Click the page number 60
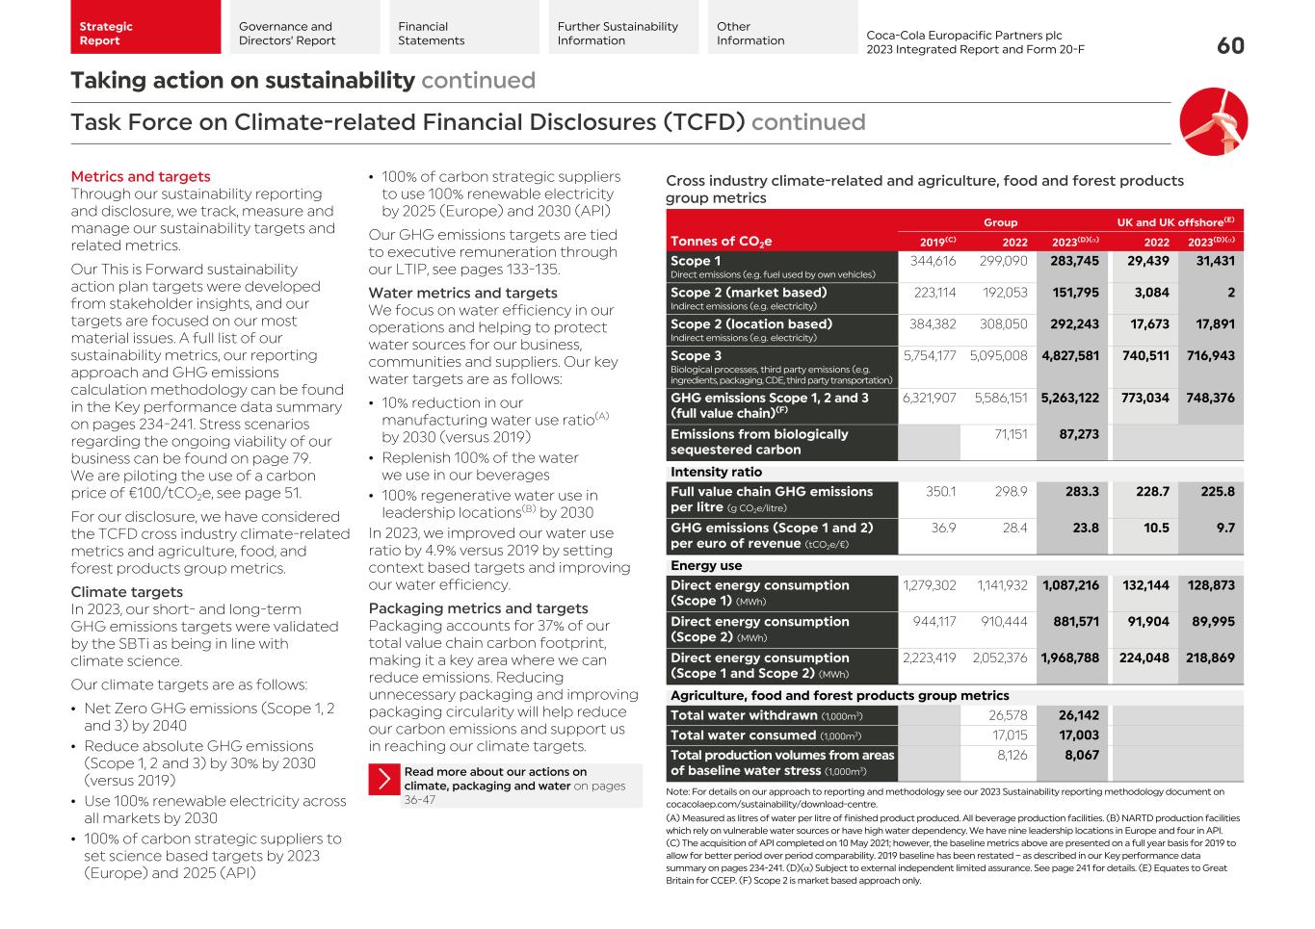[1230, 45]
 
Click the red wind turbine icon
[1213, 121]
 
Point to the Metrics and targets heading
[141, 176]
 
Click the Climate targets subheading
[126, 592]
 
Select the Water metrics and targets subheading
[462, 293]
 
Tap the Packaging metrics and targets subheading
[478, 608]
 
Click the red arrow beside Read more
[383, 779]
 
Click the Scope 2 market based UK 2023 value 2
[1230, 293]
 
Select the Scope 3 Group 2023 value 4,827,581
[1070, 355]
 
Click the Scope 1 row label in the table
[696, 261]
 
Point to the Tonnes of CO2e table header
[721, 242]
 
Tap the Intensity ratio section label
[716, 472]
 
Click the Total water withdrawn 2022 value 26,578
[1008, 715]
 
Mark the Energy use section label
[706, 566]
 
